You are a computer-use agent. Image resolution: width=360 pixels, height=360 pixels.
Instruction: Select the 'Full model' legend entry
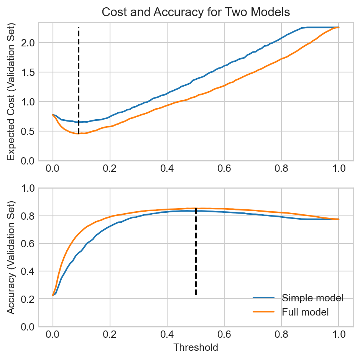(x=305, y=312)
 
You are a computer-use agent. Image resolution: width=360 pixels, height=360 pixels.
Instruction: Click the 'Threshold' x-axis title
(x=196, y=348)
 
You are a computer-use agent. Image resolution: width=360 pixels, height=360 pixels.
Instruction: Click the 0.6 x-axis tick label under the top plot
(x=224, y=169)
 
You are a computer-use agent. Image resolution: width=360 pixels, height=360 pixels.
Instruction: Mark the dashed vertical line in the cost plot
(x=79, y=77)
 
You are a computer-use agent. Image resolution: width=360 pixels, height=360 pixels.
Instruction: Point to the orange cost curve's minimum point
(x=78, y=133)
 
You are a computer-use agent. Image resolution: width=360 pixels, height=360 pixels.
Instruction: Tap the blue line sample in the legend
(x=263, y=298)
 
